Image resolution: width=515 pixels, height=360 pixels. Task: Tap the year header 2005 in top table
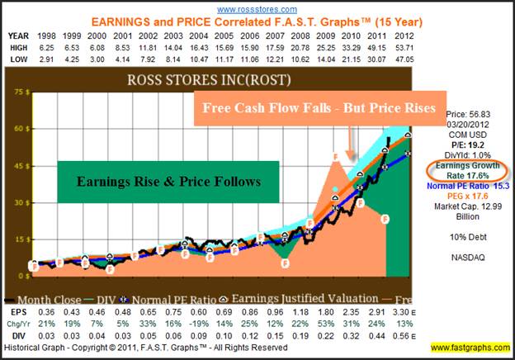pyautogui.click(x=250, y=36)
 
